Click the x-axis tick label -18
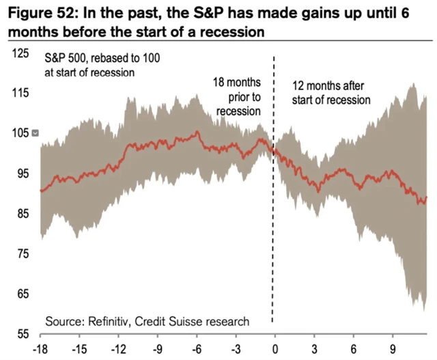pyautogui.click(x=40, y=347)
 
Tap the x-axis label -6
pyautogui.click(x=197, y=347)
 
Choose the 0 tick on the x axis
pyautogui.click(x=275, y=347)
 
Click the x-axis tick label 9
pyautogui.click(x=393, y=347)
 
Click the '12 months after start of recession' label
pyautogui.click(x=331, y=93)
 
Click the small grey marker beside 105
pyautogui.click(x=36, y=133)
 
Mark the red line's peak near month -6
pyautogui.click(x=197, y=132)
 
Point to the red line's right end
pyautogui.click(x=427, y=198)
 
